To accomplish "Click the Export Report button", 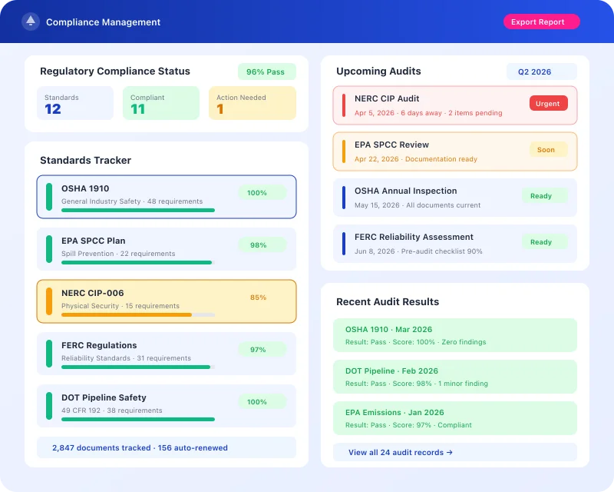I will coord(541,22).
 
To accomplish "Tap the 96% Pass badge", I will coord(266,72).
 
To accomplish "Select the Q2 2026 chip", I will coord(540,72).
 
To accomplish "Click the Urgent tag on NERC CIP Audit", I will coord(548,104).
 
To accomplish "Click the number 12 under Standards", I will coord(53,109).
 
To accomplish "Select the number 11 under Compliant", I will coord(137,109).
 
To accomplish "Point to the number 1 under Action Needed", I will coord(220,109).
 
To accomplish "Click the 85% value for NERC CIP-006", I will coord(258,298).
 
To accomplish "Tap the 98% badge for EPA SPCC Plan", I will coord(259,245).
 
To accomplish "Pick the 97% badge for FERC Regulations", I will coord(259,350).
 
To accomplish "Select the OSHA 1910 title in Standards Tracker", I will coord(85,188).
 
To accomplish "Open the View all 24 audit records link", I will coord(401,453).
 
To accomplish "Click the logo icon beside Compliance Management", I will coord(31,22).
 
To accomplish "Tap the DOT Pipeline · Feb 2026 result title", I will coord(391,371).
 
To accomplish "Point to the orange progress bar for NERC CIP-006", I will coord(127,314).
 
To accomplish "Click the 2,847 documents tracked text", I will coord(101,447).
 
